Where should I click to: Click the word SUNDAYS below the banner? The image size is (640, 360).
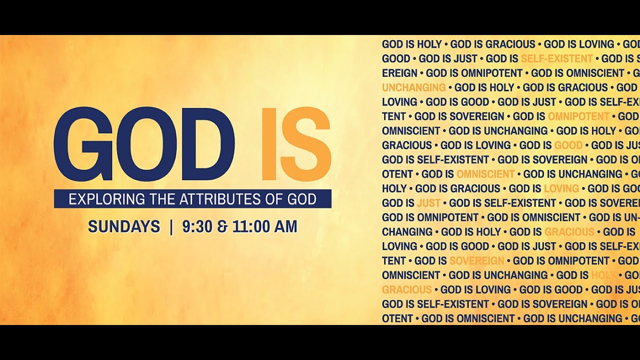(124, 226)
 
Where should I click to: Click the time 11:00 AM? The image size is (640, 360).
(265, 226)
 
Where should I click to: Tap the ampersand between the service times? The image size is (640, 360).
(222, 227)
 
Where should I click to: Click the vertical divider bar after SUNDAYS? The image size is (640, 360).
(171, 226)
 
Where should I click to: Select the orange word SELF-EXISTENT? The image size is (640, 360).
(556, 58)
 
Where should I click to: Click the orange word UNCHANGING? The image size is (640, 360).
(413, 87)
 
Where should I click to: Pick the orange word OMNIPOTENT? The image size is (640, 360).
(578, 116)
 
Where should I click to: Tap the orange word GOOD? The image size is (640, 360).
(568, 145)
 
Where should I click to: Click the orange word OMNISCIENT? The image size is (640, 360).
(485, 174)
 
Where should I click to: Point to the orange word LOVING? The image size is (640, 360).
(561, 188)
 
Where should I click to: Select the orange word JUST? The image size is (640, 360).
(428, 203)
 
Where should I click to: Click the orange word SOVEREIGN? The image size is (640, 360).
(476, 260)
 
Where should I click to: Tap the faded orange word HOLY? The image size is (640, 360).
(603, 275)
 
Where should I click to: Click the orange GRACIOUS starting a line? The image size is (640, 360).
(406, 289)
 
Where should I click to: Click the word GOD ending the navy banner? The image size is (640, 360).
(301, 199)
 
